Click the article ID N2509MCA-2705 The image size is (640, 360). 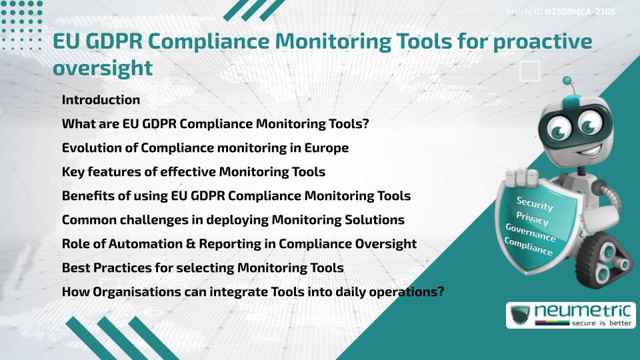point(579,12)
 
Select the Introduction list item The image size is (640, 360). point(101,100)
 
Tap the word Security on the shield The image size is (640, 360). point(535,205)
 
